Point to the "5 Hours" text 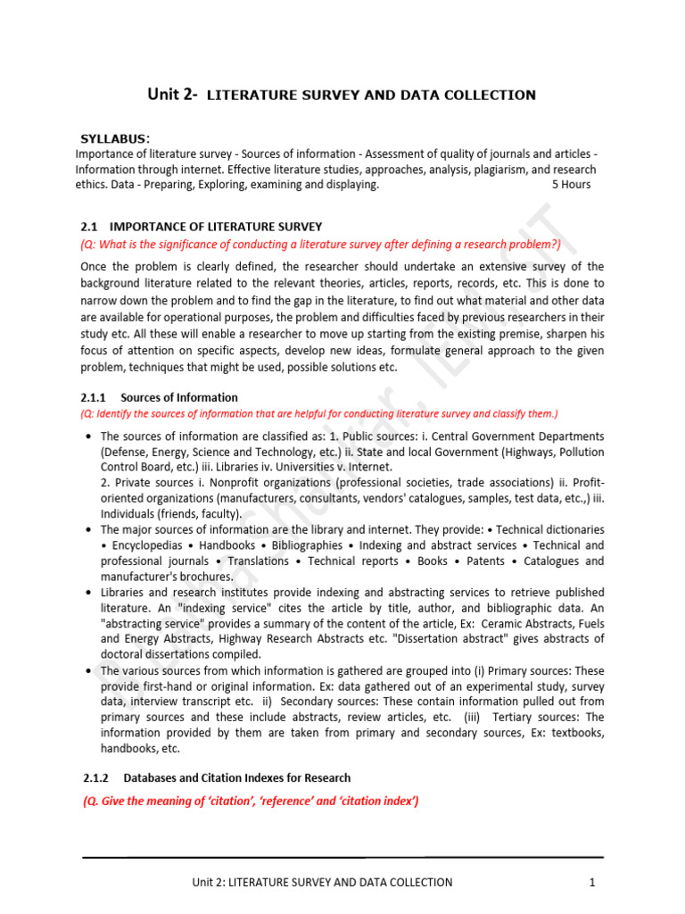[x=571, y=185]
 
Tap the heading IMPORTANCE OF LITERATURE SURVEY [x=216, y=228]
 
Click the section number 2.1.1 [x=94, y=397]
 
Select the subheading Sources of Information [x=179, y=397]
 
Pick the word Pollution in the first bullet [x=573, y=452]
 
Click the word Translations [x=259, y=561]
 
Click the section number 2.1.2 [x=94, y=777]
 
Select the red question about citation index [x=251, y=801]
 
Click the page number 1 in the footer [x=591, y=882]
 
